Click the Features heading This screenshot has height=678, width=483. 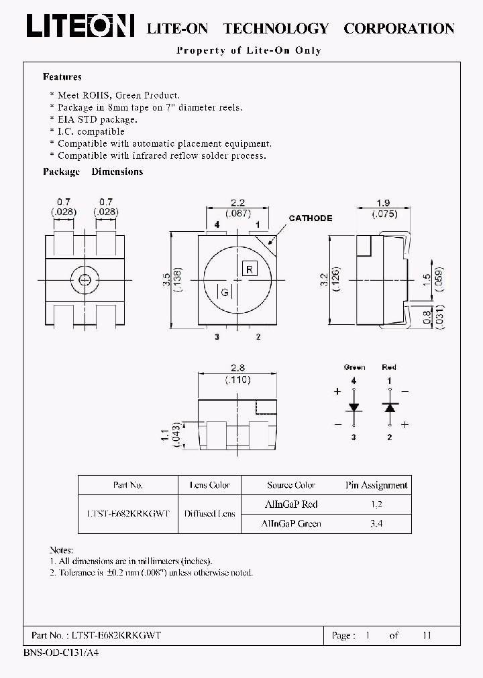62,77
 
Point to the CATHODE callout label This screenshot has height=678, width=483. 310,218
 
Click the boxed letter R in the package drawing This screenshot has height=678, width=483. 248,269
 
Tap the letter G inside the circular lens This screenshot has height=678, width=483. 225,292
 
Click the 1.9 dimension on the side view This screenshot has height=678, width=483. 383,202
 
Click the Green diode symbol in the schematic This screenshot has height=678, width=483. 354,407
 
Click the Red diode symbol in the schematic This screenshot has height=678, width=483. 389,407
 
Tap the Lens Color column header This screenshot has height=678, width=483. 209,485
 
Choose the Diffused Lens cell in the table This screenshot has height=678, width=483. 209,513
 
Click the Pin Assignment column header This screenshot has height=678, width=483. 376,485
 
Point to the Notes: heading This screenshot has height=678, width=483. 61,549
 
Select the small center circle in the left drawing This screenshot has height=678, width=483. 85,280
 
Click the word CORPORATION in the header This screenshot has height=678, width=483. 398,28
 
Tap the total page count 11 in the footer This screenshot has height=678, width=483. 427,635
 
